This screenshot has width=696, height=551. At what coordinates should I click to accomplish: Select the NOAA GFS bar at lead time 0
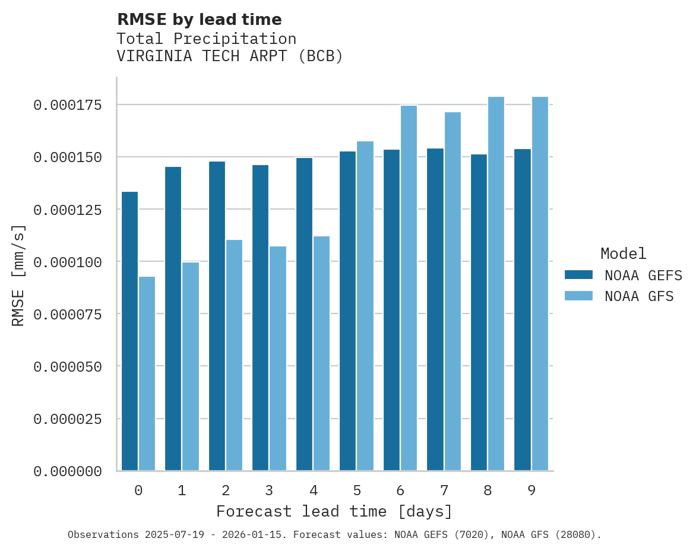point(147,373)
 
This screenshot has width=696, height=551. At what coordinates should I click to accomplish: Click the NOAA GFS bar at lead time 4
point(321,353)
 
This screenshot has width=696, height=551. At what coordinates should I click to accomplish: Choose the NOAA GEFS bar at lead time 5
point(348,311)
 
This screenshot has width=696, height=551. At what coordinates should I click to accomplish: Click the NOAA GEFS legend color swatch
point(578,274)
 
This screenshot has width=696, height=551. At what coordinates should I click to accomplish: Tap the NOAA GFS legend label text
point(639,296)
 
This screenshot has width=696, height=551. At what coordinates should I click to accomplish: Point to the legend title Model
point(623,254)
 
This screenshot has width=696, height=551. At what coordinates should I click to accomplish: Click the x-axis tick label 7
point(444,490)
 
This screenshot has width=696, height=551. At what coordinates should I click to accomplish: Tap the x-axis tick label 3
point(269,490)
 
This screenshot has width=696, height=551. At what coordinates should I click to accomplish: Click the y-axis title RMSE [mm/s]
point(18,275)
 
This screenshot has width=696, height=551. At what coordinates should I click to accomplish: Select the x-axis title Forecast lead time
point(334,511)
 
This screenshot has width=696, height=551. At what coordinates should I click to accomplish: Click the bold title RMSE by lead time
point(199,20)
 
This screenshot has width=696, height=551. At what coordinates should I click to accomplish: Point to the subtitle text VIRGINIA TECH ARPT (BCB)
point(230,56)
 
